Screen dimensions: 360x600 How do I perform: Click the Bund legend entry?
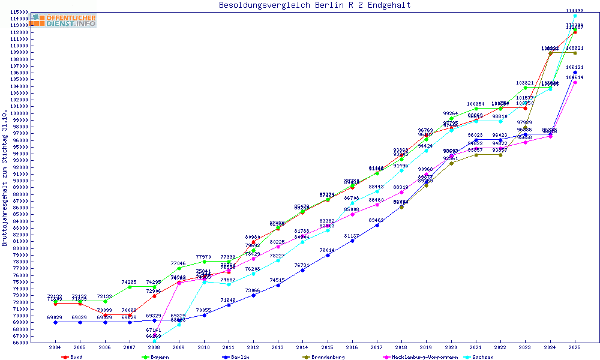(x=73, y=357)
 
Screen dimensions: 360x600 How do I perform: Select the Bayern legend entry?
(x=155, y=357)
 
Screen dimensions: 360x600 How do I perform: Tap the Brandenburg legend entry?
(x=324, y=357)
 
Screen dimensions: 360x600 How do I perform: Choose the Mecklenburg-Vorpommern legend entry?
(x=420, y=357)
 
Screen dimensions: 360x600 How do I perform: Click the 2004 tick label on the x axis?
(x=55, y=347)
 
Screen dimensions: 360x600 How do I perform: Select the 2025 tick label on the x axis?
(x=575, y=347)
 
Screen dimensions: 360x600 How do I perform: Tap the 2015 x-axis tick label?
(x=328, y=347)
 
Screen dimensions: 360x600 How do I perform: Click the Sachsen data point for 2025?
(x=575, y=16)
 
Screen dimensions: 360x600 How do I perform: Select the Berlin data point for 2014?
(x=303, y=270)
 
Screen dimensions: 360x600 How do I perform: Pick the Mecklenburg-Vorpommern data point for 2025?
(x=575, y=82)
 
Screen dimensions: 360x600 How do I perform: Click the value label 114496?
(x=575, y=11)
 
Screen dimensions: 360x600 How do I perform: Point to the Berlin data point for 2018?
(x=401, y=207)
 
